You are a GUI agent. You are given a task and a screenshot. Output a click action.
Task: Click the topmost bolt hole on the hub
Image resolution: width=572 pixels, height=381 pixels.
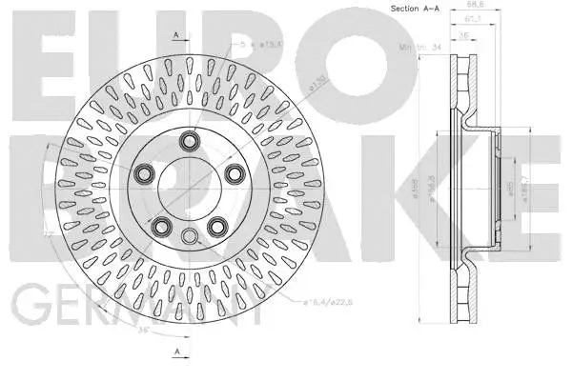point(190,144)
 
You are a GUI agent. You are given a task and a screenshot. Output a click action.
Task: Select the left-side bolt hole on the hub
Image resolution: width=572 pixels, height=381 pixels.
point(146,173)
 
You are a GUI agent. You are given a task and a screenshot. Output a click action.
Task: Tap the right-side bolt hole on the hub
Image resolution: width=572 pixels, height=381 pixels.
point(233,173)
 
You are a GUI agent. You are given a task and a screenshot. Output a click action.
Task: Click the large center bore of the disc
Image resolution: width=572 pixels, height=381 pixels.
point(190,190)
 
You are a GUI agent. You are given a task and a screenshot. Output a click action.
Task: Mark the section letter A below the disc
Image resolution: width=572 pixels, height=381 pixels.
point(177,353)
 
